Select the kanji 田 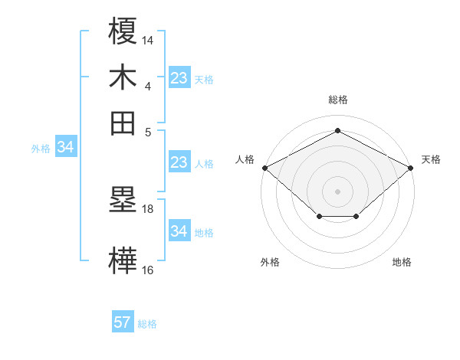tap(123, 123)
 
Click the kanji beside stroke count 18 tap(123, 201)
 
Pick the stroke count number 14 tap(148, 38)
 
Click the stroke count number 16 tap(148, 270)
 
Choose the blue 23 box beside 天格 tap(179, 77)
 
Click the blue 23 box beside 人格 tap(179, 162)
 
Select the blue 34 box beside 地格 tap(179, 231)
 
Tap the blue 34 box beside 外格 tap(65, 147)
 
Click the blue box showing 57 tap(123, 322)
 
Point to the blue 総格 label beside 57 tap(147, 324)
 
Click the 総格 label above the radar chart tap(337, 100)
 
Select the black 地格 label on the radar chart tap(402, 263)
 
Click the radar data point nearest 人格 tap(264, 167)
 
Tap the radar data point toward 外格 tap(319, 217)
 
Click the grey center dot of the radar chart tap(337, 191)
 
